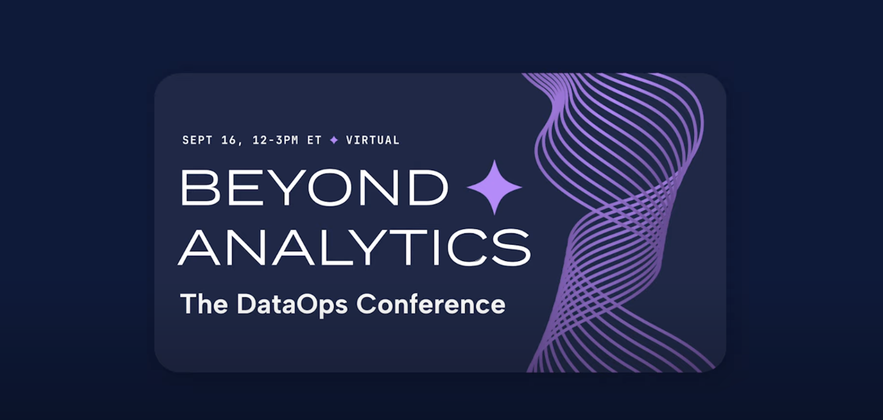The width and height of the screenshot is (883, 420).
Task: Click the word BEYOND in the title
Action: click(x=314, y=187)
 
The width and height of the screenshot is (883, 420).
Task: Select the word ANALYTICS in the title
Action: click(x=354, y=248)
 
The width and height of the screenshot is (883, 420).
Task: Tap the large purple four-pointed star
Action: click(x=494, y=187)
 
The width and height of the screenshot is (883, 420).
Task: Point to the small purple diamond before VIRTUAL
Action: click(x=334, y=140)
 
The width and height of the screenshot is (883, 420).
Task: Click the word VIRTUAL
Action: click(x=373, y=140)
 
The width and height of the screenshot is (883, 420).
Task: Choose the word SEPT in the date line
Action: click(x=197, y=140)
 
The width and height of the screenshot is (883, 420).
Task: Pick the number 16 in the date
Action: click(x=228, y=140)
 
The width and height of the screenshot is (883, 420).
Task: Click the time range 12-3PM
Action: click(x=275, y=140)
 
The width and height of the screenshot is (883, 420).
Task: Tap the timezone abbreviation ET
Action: click(x=314, y=140)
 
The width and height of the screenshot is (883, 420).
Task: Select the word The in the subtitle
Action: click(x=204, y=304)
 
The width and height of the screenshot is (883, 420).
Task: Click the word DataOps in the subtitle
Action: click(x=292, y=305)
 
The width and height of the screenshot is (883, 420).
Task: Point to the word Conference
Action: click(x=430, y=304)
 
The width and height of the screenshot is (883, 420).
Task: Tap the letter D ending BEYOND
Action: click(x=429, y=187)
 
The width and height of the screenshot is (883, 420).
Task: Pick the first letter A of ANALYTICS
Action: click(x=199, y=248)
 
